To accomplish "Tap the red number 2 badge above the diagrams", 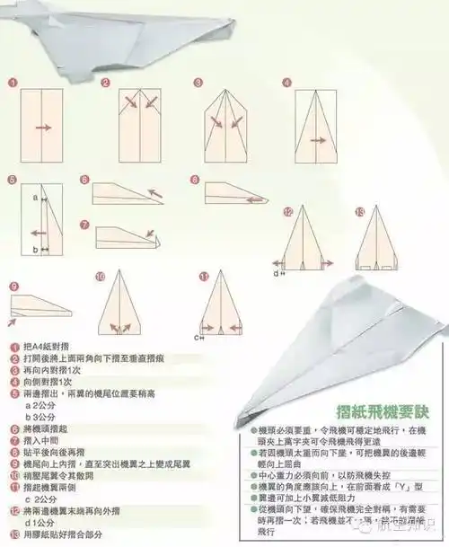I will (105, 83).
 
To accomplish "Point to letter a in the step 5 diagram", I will (35, 196).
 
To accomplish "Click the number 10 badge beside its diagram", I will (100, 276).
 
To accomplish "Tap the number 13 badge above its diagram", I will (360, 212).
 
